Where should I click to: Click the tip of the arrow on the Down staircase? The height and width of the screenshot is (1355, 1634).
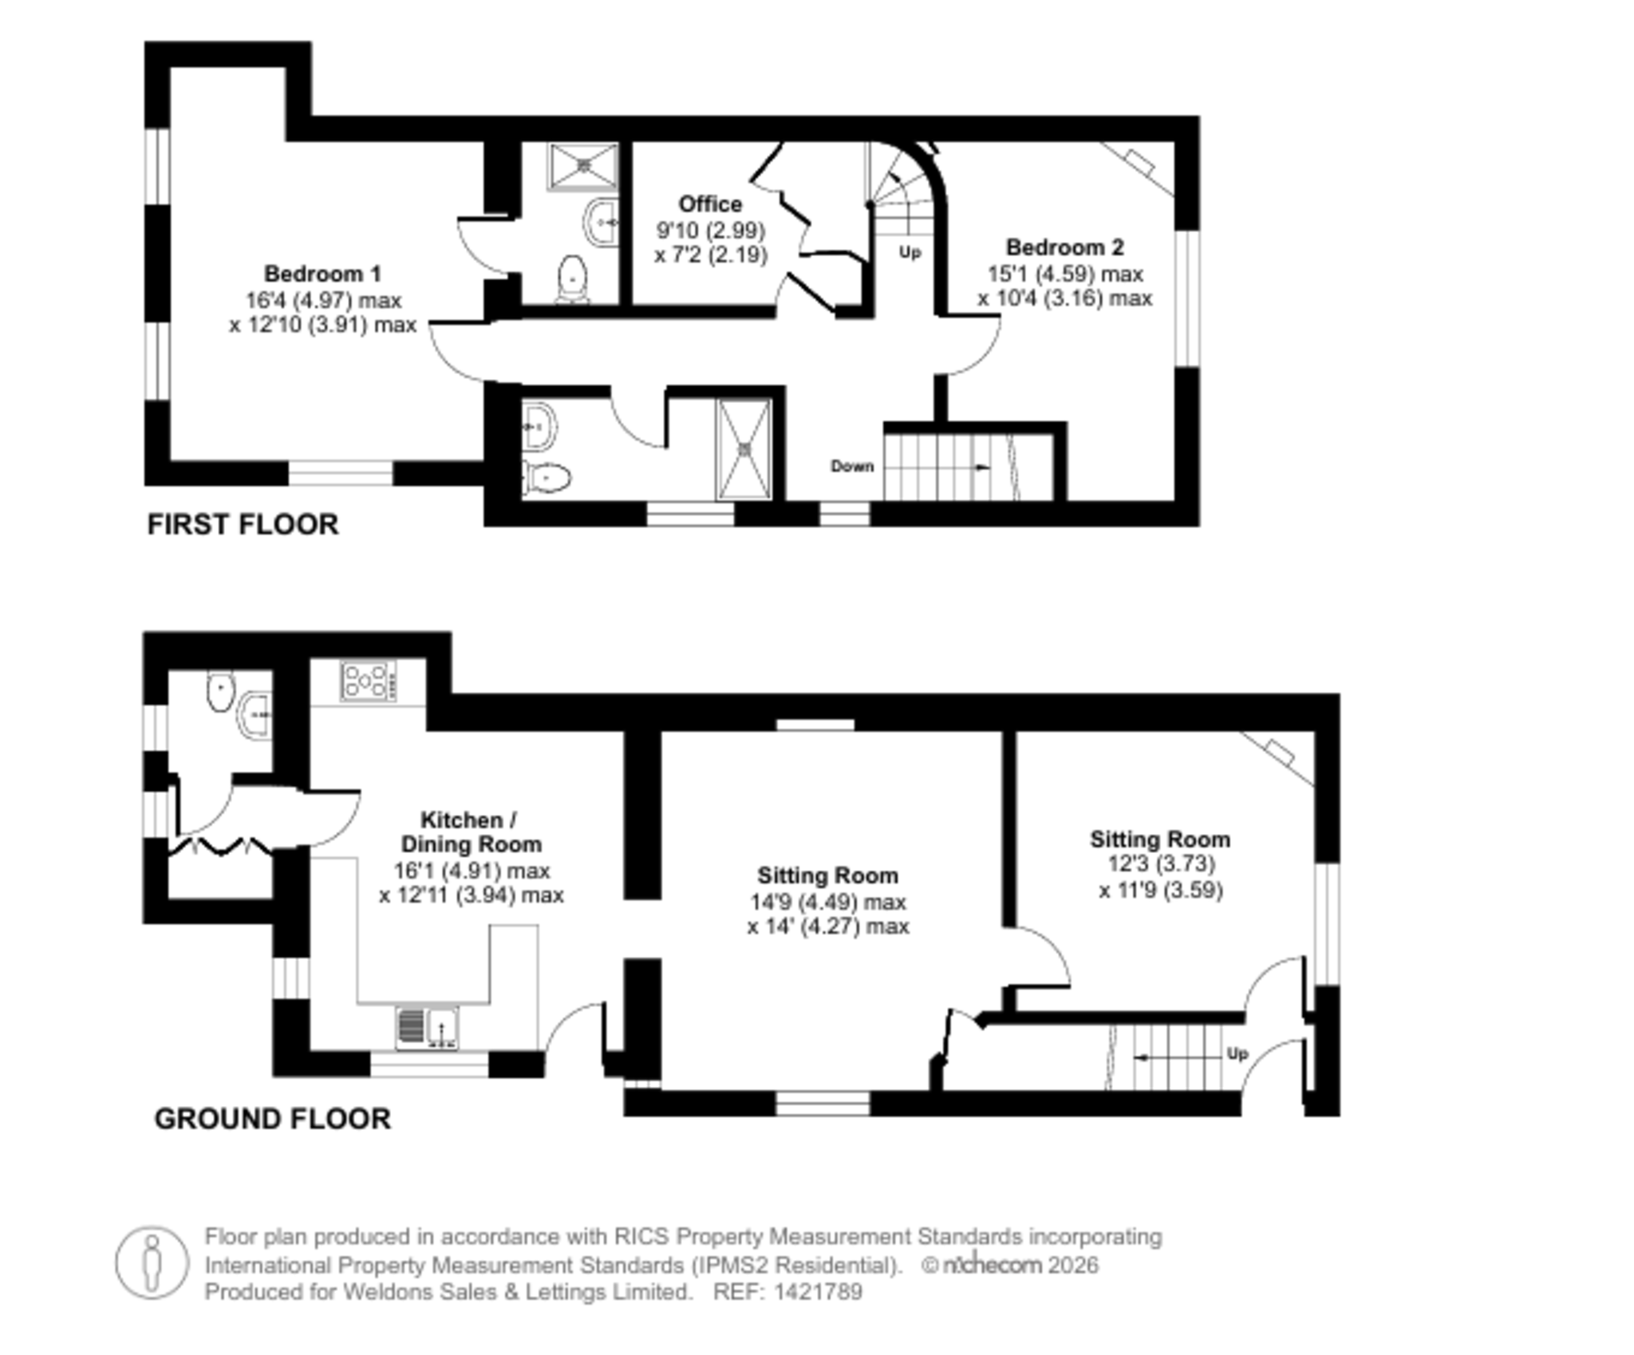[x=990, y=467]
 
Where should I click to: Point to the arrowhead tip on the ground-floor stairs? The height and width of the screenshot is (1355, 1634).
[x=1135, y=1058]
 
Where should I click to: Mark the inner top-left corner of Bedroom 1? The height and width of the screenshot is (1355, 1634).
[x=171, y=68]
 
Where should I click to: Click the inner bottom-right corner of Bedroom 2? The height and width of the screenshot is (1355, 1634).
[x=1174, y=500]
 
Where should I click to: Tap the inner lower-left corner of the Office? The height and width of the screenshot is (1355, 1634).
[x=633, y=304]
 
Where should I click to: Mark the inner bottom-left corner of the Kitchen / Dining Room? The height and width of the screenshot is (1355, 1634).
[x=310, y=1050]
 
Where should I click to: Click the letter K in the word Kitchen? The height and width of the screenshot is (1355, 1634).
[x=427, y=820]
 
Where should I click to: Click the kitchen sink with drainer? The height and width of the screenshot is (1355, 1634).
[x=428, y=1029]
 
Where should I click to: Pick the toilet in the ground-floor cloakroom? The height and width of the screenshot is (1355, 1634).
[x=219, y=691]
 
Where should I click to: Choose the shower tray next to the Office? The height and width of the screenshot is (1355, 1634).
[x=583, y=166]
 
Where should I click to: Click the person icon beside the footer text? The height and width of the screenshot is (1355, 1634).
[x=152, y=1264]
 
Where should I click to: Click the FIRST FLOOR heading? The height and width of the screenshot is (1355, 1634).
[x=243, y=524]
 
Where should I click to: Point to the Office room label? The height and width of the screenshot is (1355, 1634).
[x=710, y=204]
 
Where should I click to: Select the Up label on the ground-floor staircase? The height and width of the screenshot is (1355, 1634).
[x=1237, y=1054]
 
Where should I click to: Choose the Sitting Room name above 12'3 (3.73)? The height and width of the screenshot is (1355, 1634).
[x=1160, y=839]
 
